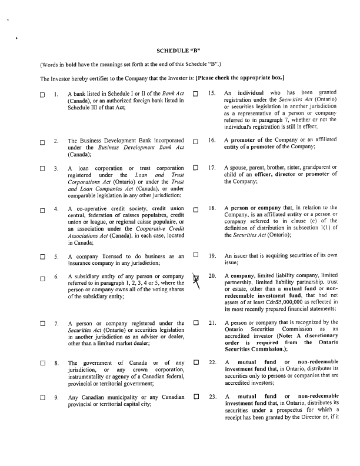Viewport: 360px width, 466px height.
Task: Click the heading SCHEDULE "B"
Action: (x=180, y=51)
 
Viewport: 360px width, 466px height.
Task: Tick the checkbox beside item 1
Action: (x=42, y=95)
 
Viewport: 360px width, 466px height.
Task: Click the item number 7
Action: (x=56, y=324)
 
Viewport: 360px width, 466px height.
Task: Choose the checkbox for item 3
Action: (x=42, y=169)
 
